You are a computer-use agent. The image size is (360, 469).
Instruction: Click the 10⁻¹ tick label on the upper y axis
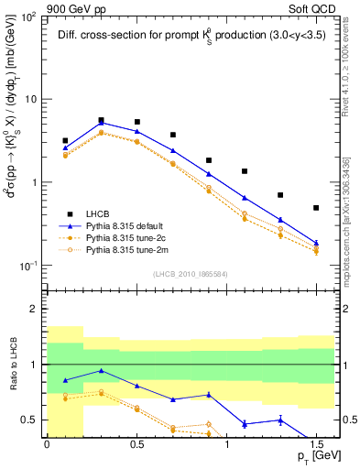point(29,266)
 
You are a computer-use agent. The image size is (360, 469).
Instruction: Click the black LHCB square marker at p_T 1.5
point(316,208)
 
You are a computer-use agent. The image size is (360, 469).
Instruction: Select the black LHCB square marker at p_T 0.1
point(65,141)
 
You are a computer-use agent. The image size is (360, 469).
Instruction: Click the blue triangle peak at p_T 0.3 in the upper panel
point(101,122)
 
